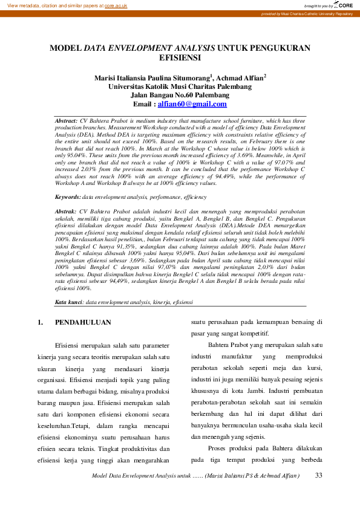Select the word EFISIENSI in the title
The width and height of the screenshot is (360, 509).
180,59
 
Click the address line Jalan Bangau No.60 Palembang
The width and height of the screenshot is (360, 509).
180,95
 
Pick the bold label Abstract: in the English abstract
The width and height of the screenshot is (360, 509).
66,121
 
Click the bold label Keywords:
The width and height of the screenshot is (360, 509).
68,197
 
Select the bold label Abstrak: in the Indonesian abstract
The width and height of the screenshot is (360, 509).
65,212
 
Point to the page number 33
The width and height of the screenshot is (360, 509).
319,476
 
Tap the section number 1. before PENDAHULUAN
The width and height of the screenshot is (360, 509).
41,323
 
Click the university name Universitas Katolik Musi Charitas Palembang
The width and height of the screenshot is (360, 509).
180,86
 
